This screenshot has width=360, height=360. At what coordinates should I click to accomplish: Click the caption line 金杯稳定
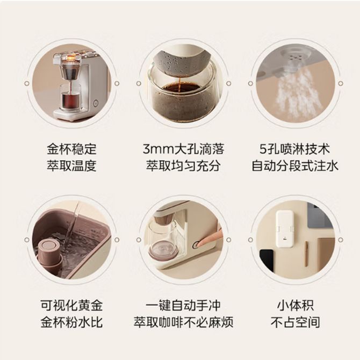click(71, 149)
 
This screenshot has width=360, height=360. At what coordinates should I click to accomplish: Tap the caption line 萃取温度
click(71, 165)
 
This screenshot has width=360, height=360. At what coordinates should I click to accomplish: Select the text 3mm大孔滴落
click(183, 149)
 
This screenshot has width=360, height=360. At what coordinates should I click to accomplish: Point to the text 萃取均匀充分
click(183, 165)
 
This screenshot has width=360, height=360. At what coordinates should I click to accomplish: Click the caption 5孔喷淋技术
click(295, 149)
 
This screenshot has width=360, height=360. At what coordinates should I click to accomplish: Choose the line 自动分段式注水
click(295, 165)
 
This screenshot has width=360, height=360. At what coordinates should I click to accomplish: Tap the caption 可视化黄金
click(71, 306)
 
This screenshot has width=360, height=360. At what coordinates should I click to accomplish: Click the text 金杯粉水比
click(71, 322)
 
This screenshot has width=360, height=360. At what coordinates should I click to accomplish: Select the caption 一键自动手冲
click(183, 306)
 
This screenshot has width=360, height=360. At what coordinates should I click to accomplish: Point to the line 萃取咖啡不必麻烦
click(183, 322)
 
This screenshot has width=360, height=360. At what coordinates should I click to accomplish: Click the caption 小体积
click(295, 306)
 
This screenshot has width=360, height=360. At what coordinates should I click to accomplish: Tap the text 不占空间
click(295, 322)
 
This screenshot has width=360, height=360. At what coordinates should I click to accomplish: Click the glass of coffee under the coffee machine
click(71, 96)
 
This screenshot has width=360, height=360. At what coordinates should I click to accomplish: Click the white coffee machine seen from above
click(285, 229)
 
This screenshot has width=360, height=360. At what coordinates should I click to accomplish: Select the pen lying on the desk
click(306, 254)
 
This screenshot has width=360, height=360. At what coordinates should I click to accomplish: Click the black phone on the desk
click(267, 260)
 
